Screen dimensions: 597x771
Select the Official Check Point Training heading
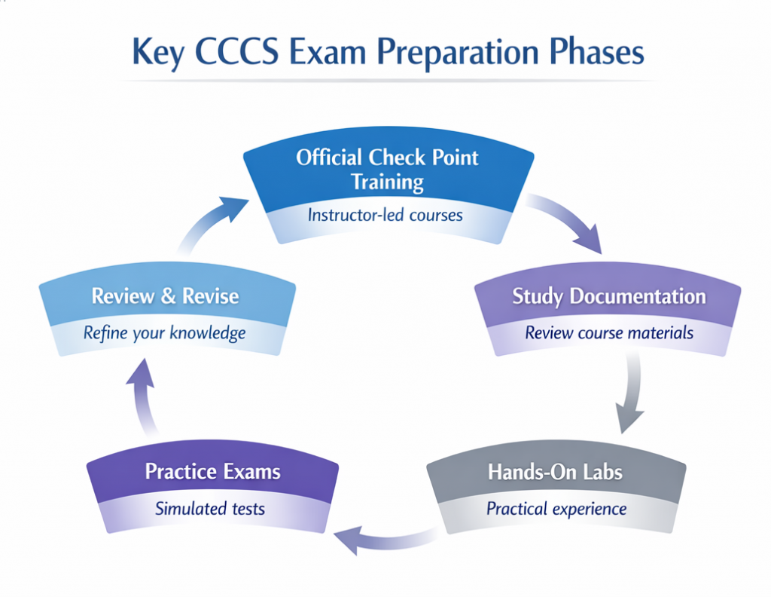(387, 169)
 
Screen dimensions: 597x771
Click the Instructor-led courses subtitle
(385, 214)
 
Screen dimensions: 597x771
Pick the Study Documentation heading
(608, 295)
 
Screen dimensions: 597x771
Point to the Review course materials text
(609, 332)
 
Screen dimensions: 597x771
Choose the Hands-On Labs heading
(556, 473)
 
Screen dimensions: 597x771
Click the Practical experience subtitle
(556, 509)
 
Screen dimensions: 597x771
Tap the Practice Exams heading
(212, 473)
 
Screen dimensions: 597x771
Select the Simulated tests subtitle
(210, 509)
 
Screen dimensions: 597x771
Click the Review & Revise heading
(165, 295)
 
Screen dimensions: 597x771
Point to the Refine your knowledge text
(164, 332)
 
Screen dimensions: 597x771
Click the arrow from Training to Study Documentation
(567, 222)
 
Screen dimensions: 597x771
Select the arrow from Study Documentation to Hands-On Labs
(631, 396)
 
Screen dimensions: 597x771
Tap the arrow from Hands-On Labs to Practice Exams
(384, 537)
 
